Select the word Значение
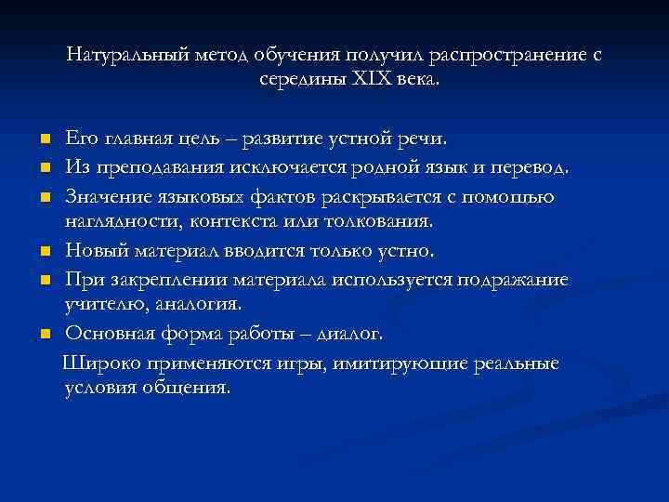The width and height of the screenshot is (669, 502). pyautogui.click(x=110, y=195)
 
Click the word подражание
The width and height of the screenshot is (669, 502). pyautogui.click(x=515, y=279)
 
